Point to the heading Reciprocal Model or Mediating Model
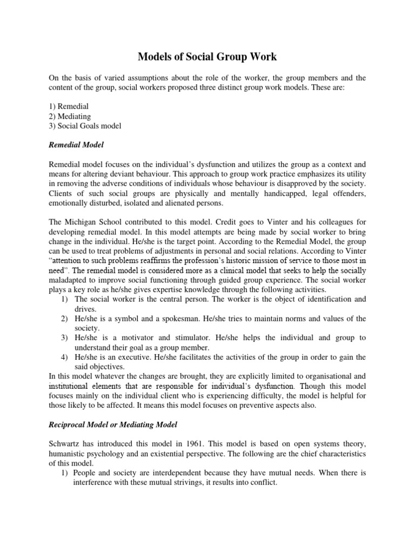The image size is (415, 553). [113, 425]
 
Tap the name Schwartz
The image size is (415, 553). [66, 444]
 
